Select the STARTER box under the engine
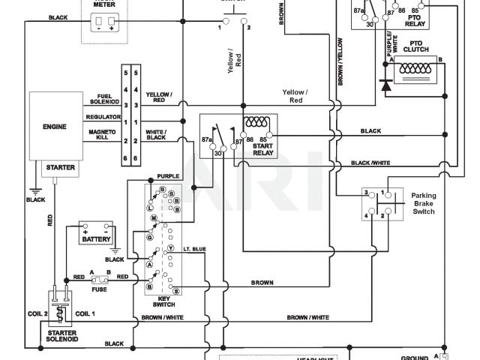[61, 167]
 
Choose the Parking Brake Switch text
[423, 204]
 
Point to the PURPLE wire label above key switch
[166, 178]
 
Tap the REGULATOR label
[103, 118]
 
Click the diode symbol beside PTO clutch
[386, 85]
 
